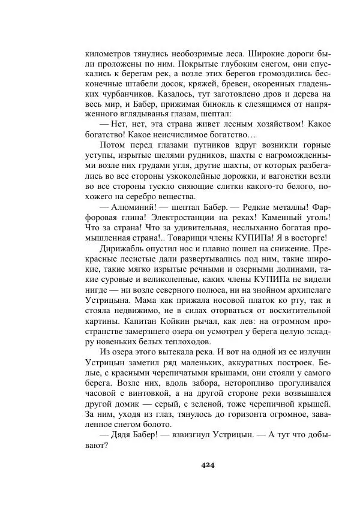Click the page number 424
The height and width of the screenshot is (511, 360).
click(x=208, y=465)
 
